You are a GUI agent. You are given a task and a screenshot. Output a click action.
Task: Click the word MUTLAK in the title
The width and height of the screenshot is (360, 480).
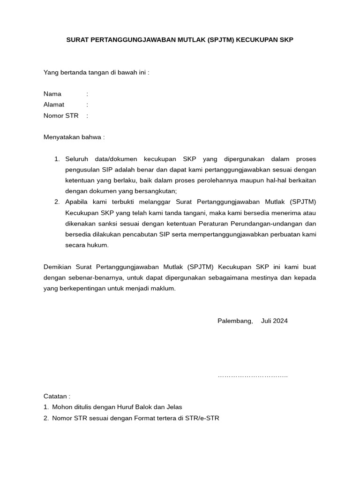tap(191, 40)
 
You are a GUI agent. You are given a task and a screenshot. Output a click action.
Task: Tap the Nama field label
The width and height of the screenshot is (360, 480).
tap(52, 94)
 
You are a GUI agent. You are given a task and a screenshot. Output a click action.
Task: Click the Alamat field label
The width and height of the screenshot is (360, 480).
tap(54, 105)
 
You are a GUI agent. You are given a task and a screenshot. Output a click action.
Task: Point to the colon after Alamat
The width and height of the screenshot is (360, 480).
tap(87, 105)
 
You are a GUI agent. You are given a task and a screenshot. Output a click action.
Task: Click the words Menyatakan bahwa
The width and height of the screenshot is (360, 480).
tap(74, 137)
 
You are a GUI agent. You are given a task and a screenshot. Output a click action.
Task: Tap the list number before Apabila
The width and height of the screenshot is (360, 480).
tap(56, 202)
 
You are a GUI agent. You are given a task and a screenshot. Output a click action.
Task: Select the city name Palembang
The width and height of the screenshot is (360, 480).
tap(235, 321)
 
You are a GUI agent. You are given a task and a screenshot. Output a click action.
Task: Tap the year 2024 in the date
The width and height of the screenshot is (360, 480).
tap(281, 321)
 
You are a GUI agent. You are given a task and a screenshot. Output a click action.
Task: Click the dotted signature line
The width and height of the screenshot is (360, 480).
tap(253, 376)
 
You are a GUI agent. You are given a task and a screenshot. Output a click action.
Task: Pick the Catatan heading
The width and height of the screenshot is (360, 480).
tap(57, 396)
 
